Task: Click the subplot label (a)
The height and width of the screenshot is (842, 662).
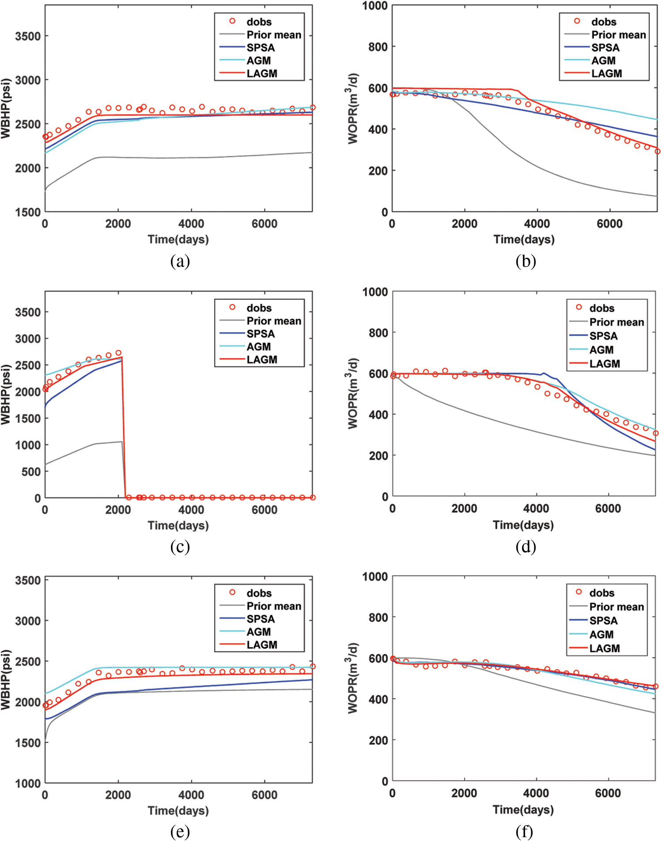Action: point(180,261)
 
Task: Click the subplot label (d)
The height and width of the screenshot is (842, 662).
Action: point(526,546)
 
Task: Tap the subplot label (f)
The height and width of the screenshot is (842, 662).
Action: point(524,831)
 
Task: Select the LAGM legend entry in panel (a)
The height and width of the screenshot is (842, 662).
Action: point(261,74)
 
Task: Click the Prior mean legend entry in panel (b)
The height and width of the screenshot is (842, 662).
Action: point(618,35)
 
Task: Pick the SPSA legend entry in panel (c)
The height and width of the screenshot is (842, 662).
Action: point(261,334)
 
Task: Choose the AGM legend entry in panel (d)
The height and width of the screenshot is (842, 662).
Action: point(601,350)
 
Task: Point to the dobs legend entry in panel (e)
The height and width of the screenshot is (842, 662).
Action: point(259,593)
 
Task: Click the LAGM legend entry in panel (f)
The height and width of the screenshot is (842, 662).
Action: point(605,648)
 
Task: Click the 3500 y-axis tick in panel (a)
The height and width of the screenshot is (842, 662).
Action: point(28,36)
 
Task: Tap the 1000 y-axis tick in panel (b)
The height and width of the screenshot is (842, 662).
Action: point(375,6)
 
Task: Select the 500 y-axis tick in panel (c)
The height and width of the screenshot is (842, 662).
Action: point(31,472)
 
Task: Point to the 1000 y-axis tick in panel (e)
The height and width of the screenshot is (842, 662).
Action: point(28,783)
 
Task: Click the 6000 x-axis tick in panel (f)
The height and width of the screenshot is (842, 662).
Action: point(608,793)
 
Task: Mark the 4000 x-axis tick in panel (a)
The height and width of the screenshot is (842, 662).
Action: point(191,224)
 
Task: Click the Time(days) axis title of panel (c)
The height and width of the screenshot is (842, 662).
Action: point(178,525)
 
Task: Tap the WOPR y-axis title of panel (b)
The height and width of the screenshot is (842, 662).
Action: point(353,109)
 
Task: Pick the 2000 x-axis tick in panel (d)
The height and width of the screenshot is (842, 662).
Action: point(464,508)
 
